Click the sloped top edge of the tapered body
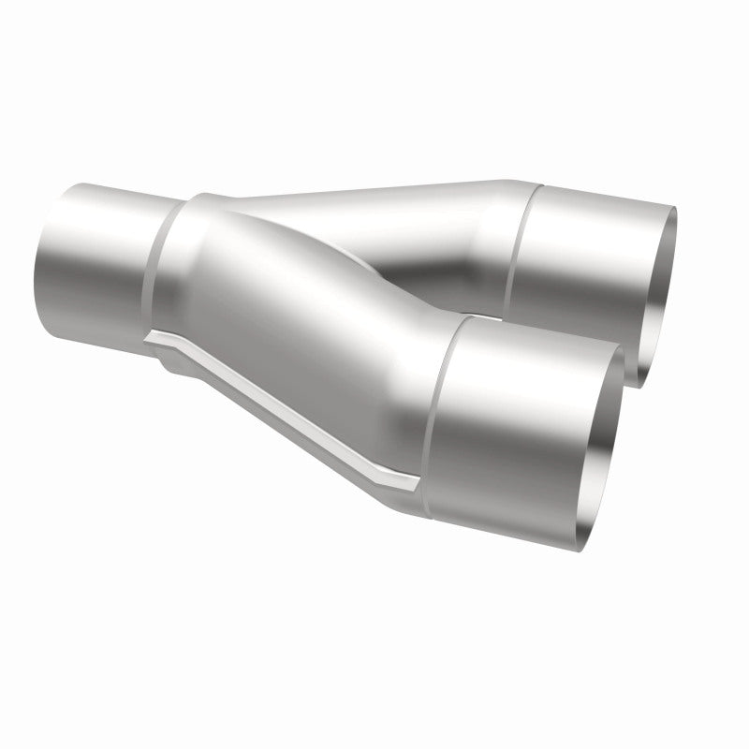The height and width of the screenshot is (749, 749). pyautogui.click(x=374, y=187)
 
